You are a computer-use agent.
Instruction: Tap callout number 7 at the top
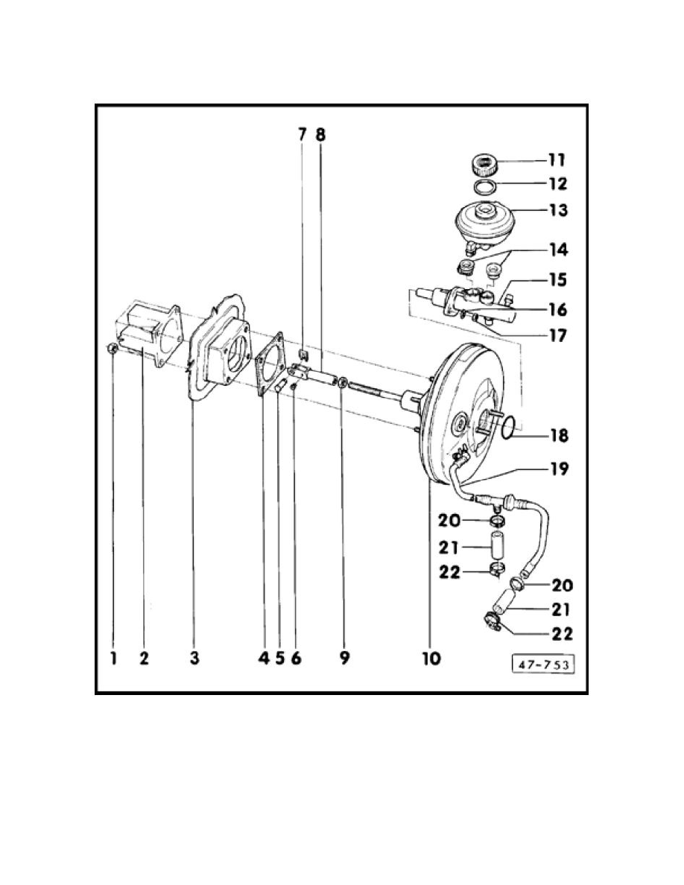point(302,135)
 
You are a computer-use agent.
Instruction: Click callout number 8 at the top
point(320,135)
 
